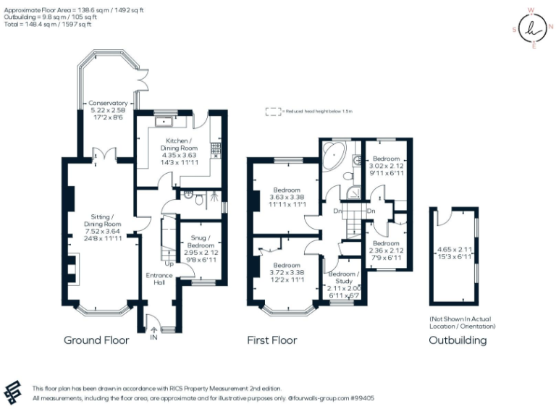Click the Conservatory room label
tap(108, 104)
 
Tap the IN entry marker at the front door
tap(153, 337)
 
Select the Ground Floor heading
tap(96, 340)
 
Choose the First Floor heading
tap(271, 340)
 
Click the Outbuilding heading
tap(458, 340)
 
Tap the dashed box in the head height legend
tap(273, 111)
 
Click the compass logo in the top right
tap(533, 30)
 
